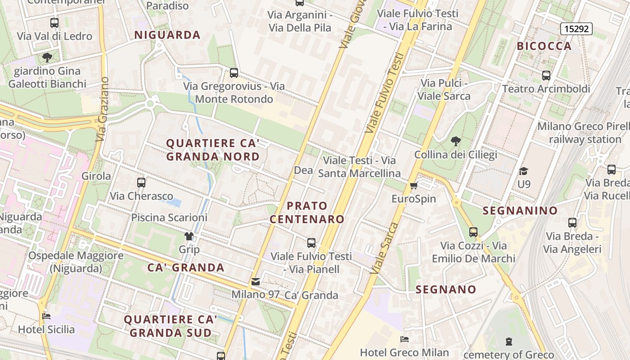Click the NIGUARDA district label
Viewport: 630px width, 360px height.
click(x=167, y=35)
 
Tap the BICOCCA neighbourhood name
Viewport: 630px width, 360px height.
click(x=544, y=46)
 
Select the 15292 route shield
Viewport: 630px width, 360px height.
click(x=576, y=29)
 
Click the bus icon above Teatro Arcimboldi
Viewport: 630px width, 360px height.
click(x=546, y=76)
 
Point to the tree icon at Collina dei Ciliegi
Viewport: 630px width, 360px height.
click(x=455, y=141)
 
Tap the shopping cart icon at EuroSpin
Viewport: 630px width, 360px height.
click(x=414, y=185)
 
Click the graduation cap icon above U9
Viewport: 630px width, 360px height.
click(x=523, y=171)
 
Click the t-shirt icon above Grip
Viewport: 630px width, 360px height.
click(x=189, y=236)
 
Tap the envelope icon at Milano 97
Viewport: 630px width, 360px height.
click(x=256, y=282)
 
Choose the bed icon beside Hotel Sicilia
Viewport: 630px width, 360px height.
click(x=46, y=316)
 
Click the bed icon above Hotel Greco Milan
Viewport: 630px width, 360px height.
click(x=405, y=339)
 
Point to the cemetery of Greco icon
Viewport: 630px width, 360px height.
click(x=509, y=342)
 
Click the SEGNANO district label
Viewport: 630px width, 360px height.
click(x=446, y=289)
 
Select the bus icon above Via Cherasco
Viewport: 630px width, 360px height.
click(x=141, y=183)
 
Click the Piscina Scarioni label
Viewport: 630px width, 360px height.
click(x=169, y=217)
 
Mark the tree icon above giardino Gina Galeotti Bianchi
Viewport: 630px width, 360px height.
click(x=47, y=58)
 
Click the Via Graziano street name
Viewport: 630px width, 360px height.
click(x=103, y=109)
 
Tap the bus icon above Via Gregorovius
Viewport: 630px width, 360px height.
click(x=234, y=73)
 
